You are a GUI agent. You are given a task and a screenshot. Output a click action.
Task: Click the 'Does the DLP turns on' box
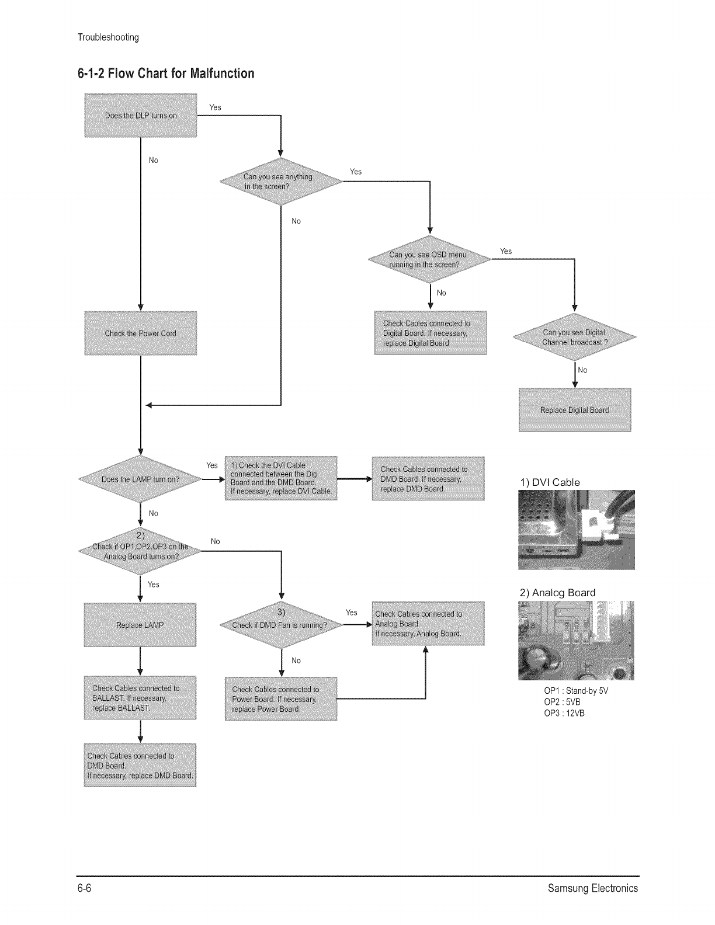click(x=140, y=115)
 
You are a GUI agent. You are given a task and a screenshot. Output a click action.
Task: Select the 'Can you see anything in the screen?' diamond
click(x=281, y=182)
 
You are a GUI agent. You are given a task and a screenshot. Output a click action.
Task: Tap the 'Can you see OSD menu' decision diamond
click(x=429, y=259)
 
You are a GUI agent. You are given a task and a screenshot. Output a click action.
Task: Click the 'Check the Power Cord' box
click(x=140, y=333)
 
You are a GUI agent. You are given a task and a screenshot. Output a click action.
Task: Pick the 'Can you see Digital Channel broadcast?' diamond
click(x=574, y=338)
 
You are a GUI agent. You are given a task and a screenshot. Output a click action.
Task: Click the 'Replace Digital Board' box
click(x=575, y=410)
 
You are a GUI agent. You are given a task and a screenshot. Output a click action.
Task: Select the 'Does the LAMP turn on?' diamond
click(x=140, y=479)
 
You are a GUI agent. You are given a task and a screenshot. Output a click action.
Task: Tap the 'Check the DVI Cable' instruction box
click(x=281, y=478)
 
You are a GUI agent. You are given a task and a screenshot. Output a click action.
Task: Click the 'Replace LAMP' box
click(x=140, y=625)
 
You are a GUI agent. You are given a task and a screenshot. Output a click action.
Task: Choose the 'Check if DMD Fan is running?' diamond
click(x=281, y=625)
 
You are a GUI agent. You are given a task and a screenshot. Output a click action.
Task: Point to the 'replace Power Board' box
click(x=281, y=699)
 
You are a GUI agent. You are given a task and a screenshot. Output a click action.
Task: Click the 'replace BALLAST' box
click(x=140, y=698)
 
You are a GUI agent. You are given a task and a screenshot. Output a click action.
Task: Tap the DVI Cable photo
click(x=576, y=530)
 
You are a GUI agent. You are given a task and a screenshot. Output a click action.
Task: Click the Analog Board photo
click(x=576, y=641)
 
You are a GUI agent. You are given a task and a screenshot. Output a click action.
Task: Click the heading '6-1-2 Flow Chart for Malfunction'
click(x=166, y=74)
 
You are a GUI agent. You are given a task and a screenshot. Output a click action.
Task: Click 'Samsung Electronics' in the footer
click(x=593, y=889)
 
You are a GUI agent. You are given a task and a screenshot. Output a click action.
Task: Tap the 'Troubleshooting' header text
click(x=108, y=38)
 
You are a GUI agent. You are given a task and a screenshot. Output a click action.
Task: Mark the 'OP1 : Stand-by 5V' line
click(x=576, y=691)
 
